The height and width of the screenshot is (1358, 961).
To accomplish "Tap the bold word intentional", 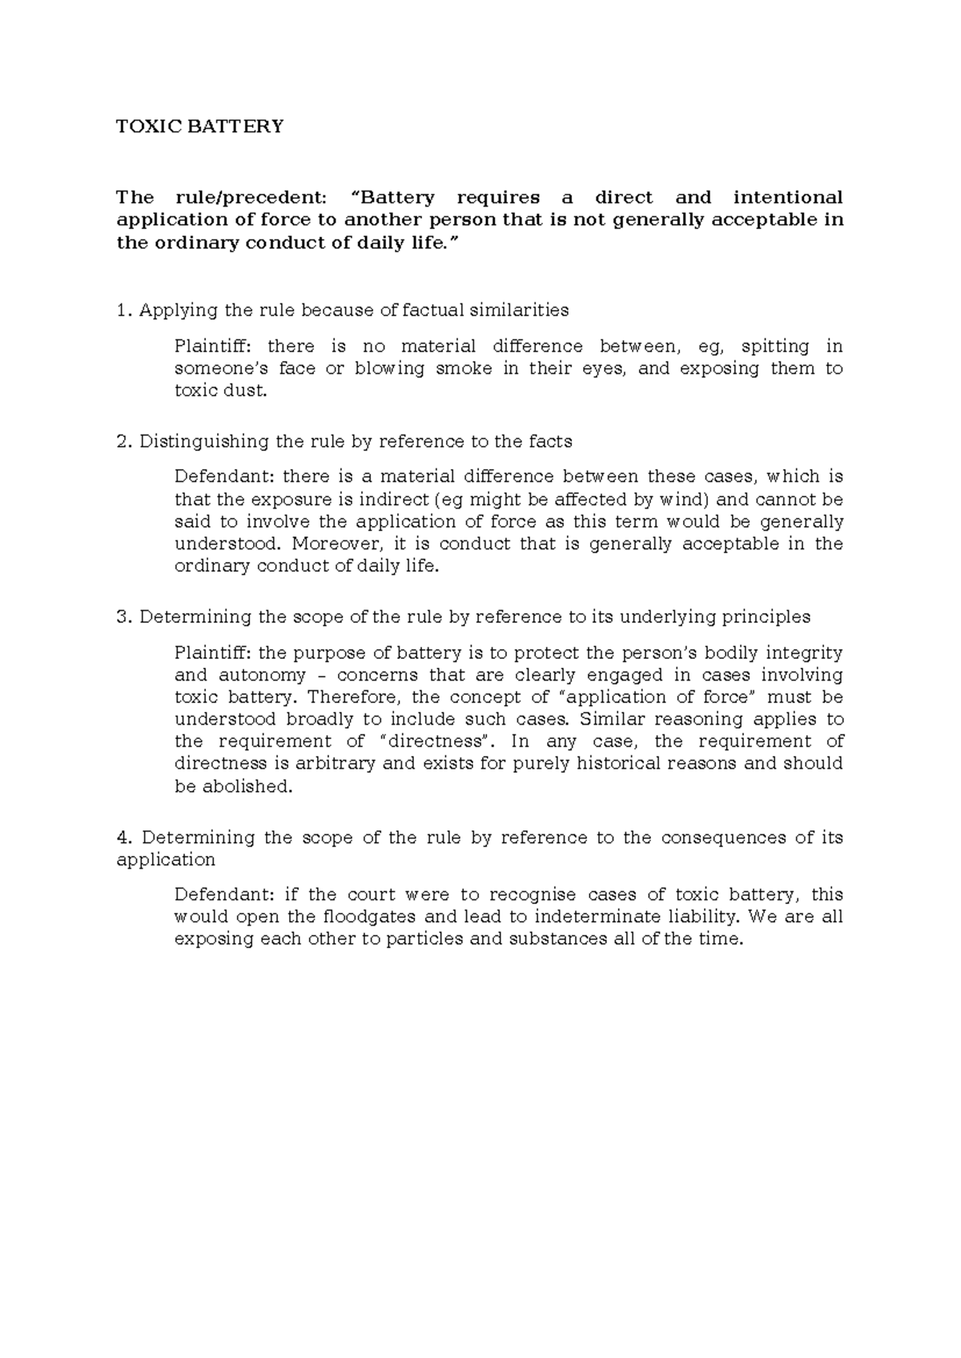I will coord(788,198).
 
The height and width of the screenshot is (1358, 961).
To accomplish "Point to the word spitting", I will coord(775,347).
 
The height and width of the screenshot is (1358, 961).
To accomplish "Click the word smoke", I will coord(464,369).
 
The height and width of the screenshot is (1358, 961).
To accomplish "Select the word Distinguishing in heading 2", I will coord(193,441).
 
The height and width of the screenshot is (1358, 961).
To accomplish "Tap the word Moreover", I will coord(329,544).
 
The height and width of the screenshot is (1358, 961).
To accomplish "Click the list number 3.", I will coord(122,617).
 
